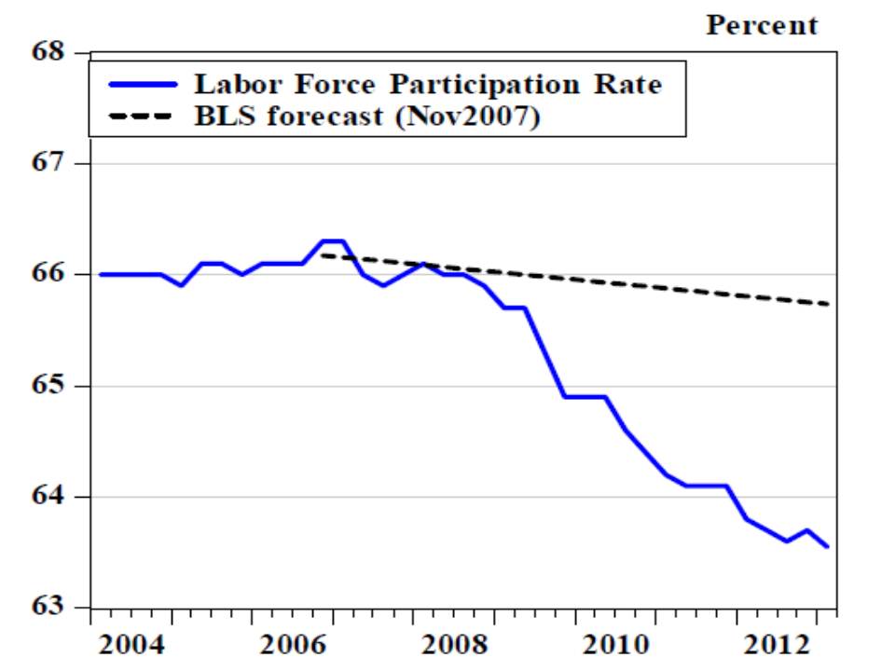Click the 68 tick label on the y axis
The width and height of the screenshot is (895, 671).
click(x=53, y=52)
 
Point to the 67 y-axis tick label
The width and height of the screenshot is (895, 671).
click(x=53, y=163)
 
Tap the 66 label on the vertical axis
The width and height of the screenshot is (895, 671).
click(x=53, y=274)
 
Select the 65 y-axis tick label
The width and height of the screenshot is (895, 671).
click(x=53, y=386)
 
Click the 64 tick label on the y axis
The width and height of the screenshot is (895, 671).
click(x=53, y=497)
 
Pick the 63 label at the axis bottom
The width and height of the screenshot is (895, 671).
click(x=53, y=608)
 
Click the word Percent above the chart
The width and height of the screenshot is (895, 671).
click(x=762, y=25)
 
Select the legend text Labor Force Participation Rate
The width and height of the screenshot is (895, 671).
click(x=427, y=85)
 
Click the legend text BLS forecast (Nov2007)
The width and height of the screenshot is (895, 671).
click(x=366, y=117)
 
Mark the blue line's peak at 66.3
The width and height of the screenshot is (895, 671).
click(x=333, y=241)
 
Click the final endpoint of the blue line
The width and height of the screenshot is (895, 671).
click(x=827, y=547)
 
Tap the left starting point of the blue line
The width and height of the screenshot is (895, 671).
click(x=100, y=274)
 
